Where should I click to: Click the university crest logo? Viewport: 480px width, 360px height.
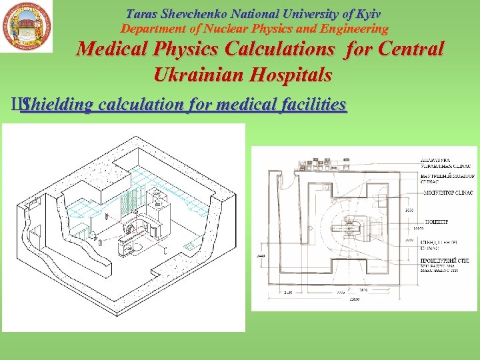[27, 27]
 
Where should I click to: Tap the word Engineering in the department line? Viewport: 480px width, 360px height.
[355, 29]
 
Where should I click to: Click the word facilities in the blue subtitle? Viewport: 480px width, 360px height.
[312, 105]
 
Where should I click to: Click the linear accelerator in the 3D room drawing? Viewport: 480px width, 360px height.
[133, 230]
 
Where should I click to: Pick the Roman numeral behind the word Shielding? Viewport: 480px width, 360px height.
[16, 105]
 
